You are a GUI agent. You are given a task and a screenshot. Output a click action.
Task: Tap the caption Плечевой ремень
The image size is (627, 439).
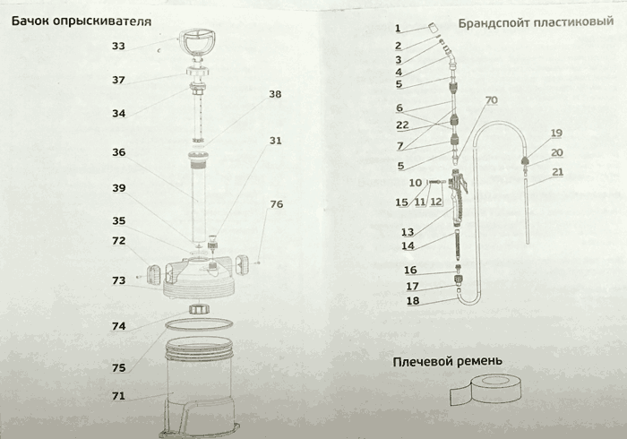click(x=446, y=361)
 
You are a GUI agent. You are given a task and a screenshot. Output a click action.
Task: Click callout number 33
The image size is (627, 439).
click(x=118, y=46)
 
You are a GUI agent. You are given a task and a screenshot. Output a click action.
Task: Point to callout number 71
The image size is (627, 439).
click(x=118, y=395)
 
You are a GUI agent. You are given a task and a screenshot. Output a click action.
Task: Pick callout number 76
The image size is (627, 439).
click(x=276, y=204)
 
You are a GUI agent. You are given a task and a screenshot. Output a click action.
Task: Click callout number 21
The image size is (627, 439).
click(x=557, y=172)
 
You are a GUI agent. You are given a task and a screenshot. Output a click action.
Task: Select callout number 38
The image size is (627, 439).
click(x=274, y=94)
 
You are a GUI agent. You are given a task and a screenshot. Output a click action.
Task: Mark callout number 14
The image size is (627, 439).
click(x=408, y=245)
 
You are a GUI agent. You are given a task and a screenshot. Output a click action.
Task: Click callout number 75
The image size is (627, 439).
click(x=118, y=367)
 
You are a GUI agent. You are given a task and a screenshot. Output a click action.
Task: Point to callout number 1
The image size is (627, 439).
click(x=398, y=29)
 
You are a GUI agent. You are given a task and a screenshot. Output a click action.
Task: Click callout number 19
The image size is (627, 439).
click(x=556, y=133)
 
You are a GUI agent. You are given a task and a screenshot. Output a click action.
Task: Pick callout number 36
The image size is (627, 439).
click(x=118, y=152)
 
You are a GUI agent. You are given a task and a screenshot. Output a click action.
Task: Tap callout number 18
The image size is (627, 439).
click(x=412, y=301)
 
